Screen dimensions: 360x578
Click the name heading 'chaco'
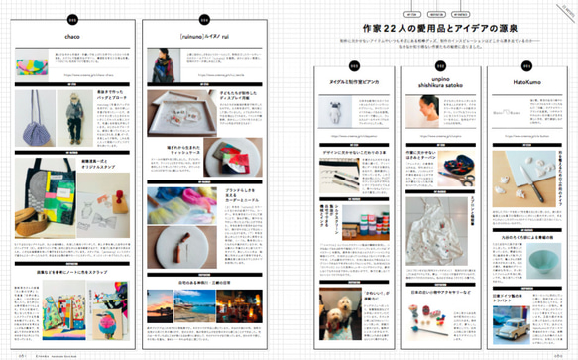pos(72,37)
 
